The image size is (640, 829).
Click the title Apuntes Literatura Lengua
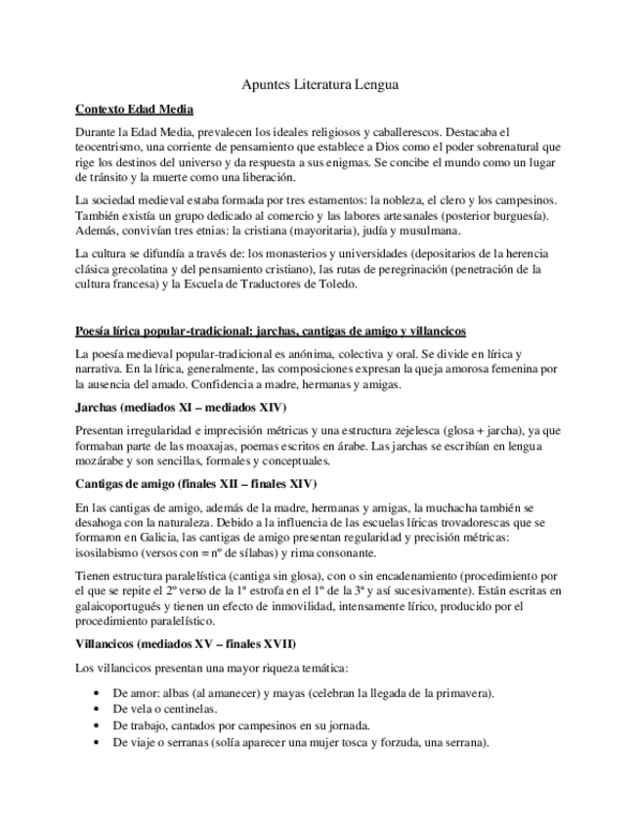320,85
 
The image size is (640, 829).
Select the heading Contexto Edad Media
134,109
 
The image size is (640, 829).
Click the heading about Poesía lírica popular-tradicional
271,330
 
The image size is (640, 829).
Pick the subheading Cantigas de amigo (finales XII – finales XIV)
195,484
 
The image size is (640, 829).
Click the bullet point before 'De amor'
94,692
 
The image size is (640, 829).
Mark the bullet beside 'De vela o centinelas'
94,709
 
